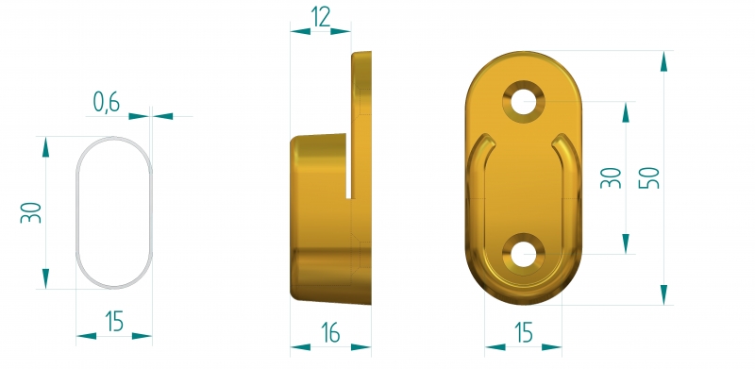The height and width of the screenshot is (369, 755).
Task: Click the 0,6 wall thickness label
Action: pos(106,102)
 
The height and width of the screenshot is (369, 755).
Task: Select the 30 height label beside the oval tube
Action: pos(31,212)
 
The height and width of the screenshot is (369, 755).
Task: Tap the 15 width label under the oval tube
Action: pos(114,321)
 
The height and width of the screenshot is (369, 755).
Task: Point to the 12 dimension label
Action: pos(321,17)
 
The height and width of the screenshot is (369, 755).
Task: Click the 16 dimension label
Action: pos(330,332)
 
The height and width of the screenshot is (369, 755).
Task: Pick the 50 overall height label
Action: pos(649,177)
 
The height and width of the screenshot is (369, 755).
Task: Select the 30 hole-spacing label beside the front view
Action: pos(611,177)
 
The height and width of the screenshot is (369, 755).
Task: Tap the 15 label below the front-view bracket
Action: pos(524,332)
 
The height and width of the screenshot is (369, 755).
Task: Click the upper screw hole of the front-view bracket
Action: pos(524,102)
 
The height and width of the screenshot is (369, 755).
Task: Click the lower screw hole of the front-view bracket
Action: pos(524,255)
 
